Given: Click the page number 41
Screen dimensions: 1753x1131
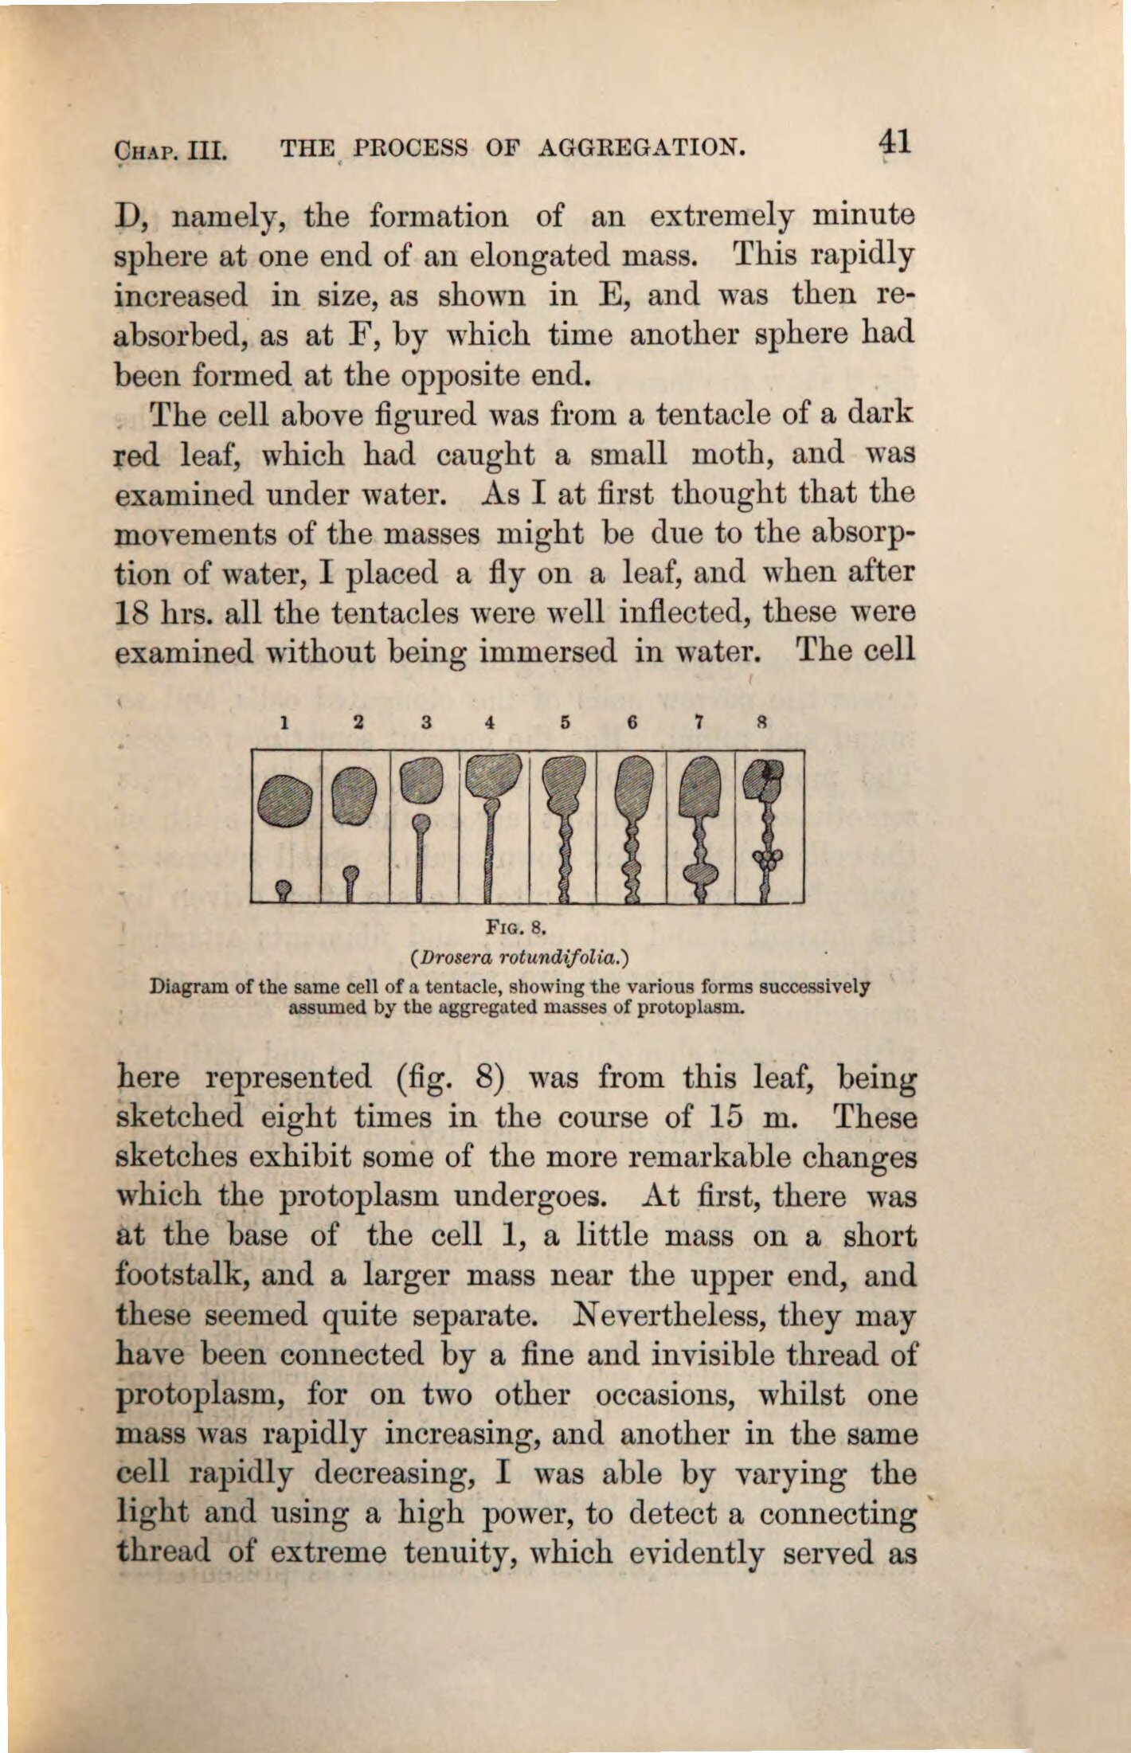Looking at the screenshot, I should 894,143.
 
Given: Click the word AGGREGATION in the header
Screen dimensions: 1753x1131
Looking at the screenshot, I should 644,147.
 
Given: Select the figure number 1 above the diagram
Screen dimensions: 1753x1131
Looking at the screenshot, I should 284,723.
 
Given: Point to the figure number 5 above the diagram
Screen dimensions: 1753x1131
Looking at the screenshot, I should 565,723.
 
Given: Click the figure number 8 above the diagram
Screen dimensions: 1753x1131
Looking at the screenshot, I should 761,723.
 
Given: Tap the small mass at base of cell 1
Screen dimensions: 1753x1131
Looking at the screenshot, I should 282,888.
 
